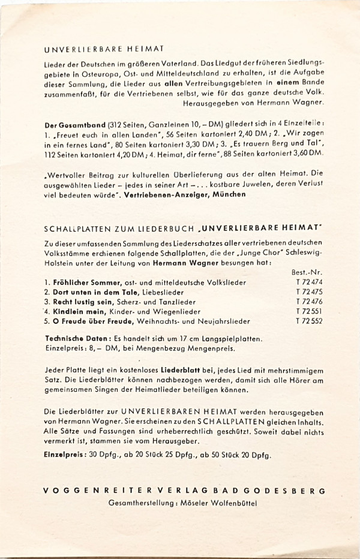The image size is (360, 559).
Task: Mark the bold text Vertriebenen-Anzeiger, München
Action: [x=186, y=195]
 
